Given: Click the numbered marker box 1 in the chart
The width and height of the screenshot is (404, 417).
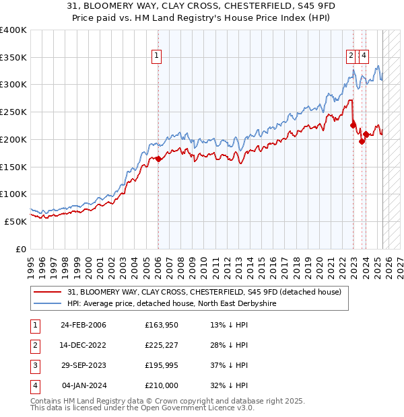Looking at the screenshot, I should click(156, 56).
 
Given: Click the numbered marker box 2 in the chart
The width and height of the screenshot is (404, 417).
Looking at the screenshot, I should click(351, 56).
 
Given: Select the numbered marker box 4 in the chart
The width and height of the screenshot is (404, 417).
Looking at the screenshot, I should click(364, 56).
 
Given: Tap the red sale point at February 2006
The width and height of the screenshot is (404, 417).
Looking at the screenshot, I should click(158, 159).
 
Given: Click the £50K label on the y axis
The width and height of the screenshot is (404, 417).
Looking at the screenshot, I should click(15, 221).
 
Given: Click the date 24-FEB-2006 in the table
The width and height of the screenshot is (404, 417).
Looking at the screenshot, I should click(83, 325).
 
